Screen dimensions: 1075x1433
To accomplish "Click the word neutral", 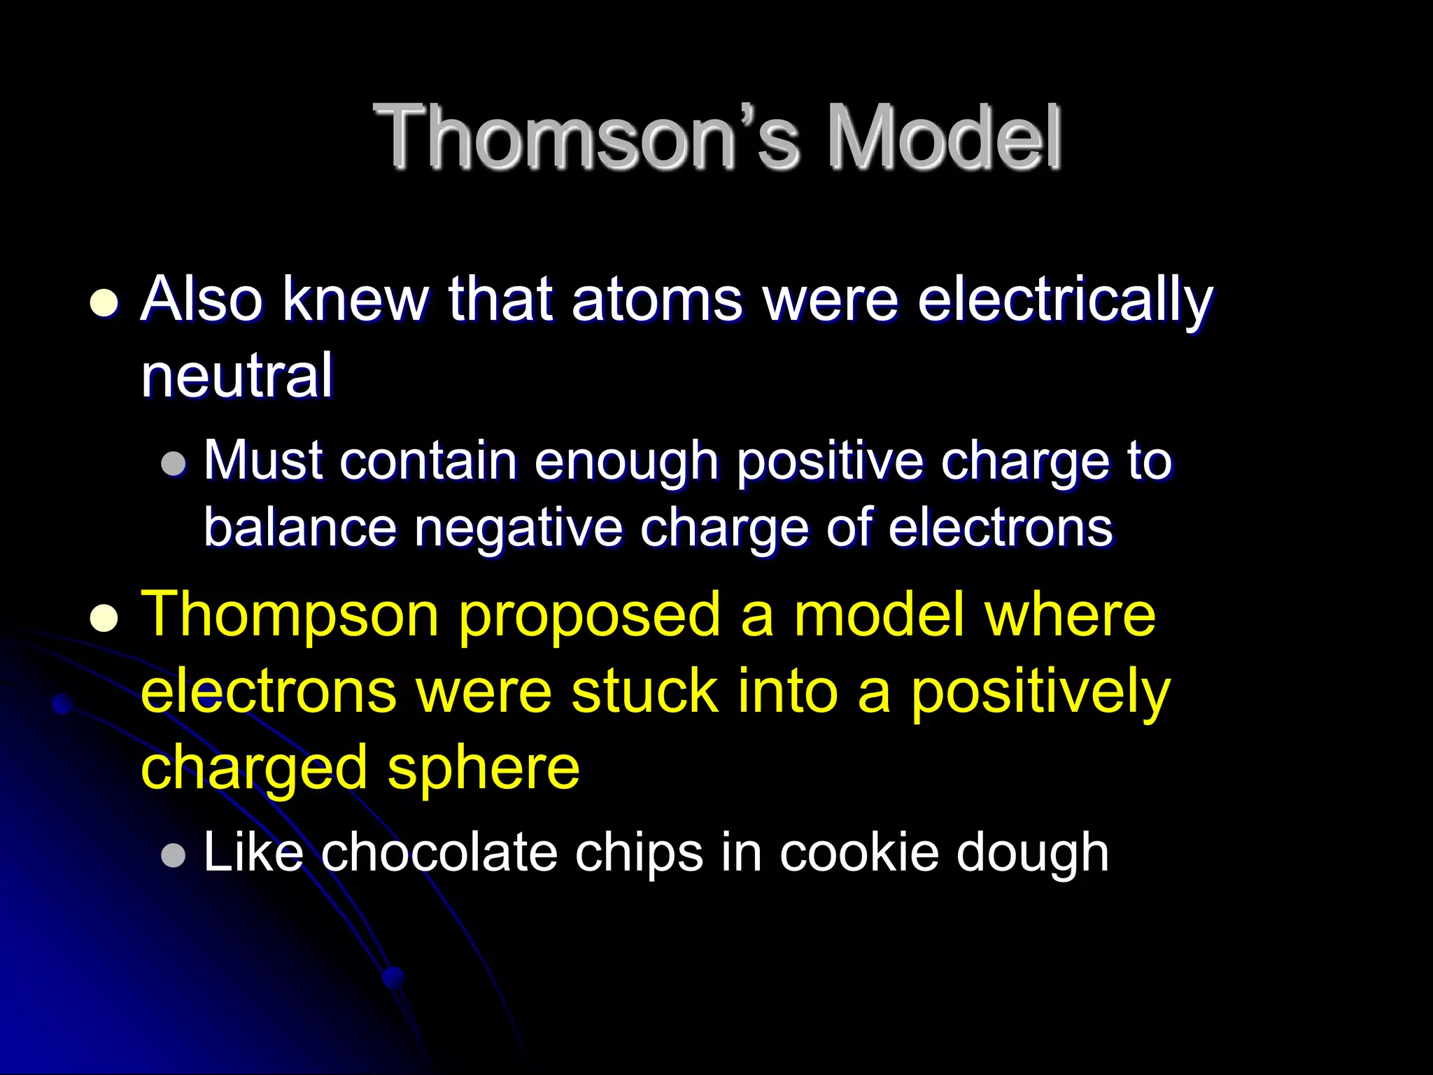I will (x=237, y=375).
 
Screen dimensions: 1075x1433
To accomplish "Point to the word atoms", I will (x=656, y=300).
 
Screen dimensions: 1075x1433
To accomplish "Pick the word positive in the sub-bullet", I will (x=830, y=462).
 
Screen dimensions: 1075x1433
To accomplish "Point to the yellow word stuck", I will (x=644, y=691).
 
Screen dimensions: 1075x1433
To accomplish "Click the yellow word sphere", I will (x=483, y=768).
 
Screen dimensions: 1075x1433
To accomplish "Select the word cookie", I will (x=859, y=852).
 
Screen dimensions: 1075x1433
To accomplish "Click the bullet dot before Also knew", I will (x=104, y=303).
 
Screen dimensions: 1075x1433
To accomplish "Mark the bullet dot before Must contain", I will (x=173, y=463).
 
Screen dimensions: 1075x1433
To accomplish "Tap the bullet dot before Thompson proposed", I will (x=104, y=618).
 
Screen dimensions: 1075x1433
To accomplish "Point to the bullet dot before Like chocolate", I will (x=173, y=855).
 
